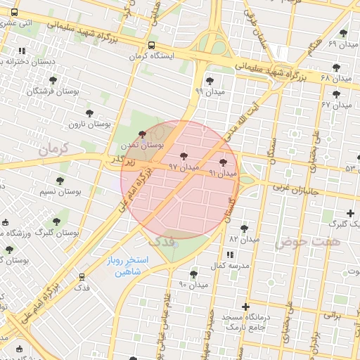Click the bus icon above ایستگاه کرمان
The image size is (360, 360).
(x=153, y=46)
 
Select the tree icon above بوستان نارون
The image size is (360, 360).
(x=89, y=113)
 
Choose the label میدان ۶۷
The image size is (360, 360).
(x=336, y=105)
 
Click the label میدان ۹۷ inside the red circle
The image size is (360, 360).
(x=184, y=167)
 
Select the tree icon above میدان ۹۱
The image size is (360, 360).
(x=224, y=162)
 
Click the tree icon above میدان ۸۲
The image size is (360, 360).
(x=244, y=229)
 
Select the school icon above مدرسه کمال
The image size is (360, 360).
(x=232, y=255)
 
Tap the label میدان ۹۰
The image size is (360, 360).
(x=193, y=285)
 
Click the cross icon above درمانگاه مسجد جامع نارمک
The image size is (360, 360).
(x=245, y=307)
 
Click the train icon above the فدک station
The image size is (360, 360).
(x=82, y=277)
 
